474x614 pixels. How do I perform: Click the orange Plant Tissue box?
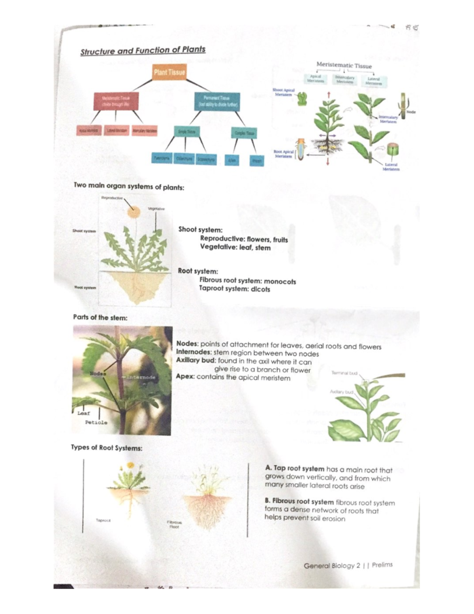[169, 72]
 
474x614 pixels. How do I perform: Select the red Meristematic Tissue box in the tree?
[115, 101]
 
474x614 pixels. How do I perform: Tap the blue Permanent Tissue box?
[217, 101]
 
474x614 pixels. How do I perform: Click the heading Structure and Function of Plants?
[143, 51]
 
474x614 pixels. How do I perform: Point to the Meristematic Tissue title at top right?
[344, 65]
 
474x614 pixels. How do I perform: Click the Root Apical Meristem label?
[284, 154]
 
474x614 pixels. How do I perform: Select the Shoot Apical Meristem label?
[283, 92]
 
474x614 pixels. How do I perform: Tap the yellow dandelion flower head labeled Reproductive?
[134, 212]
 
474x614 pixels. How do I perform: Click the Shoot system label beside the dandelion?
[84, 231]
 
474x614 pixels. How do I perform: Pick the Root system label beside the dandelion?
[85, 287]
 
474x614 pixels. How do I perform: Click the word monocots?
[280, 282]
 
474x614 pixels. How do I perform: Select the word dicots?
[260, 289]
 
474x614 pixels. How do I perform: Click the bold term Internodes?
[194, 352]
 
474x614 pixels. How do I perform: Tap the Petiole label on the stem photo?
[96, 422]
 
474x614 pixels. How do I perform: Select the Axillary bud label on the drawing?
[342, 392]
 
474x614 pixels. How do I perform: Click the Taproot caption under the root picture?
[103, 520]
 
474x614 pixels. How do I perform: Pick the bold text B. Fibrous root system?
[299, 502]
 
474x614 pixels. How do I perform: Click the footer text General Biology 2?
[332, 566]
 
